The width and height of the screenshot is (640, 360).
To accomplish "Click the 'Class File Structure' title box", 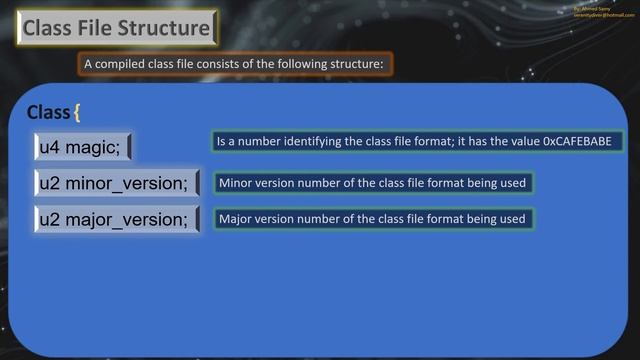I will (x=117, y=28).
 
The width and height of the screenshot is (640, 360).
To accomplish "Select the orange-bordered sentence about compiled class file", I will (x=236, y=64).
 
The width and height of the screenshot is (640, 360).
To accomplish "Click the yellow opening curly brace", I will (x=77, y=112).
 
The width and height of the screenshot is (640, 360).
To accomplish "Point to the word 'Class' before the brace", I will (x=48, y=112).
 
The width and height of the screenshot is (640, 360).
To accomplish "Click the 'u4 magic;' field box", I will (x=82, y=147).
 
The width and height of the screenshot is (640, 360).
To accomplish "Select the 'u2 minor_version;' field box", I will (x=116, y=184).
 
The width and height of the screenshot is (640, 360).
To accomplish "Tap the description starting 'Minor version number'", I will (x=372, y=183).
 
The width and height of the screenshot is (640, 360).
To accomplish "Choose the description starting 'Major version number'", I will (x=372, y=218).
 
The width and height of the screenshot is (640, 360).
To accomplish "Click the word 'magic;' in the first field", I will (x=94, y=147).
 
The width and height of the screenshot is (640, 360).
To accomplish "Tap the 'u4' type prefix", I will (x=49, y=147).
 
